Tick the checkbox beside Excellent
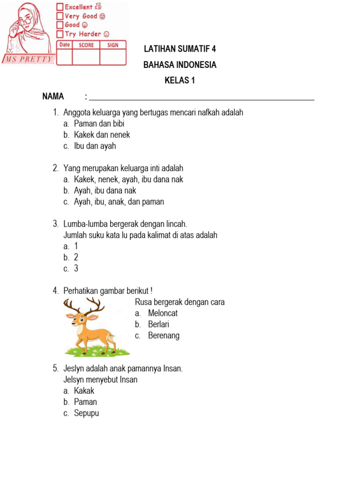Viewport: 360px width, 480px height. (60, 7)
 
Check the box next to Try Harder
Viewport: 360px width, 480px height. (60, 34)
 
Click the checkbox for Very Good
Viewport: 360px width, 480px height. (60, 16)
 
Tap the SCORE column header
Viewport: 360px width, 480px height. (86, 45)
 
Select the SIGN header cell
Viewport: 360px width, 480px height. (113, 45)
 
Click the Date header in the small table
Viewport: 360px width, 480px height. (65, 45)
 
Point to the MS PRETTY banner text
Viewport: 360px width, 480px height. (29, 60)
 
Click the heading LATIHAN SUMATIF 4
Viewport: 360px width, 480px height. (180, 49)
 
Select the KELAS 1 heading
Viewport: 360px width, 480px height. (180, 81)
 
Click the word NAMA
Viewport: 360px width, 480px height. (53, 97)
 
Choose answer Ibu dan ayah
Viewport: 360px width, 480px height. (95, 146)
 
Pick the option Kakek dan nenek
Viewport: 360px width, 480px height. (102, 135)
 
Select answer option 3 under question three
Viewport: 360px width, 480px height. (76, 269)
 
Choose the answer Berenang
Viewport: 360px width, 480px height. (164, 336)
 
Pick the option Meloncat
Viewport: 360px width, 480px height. (163, 313)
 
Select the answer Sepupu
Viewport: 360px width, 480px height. (86, 413)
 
